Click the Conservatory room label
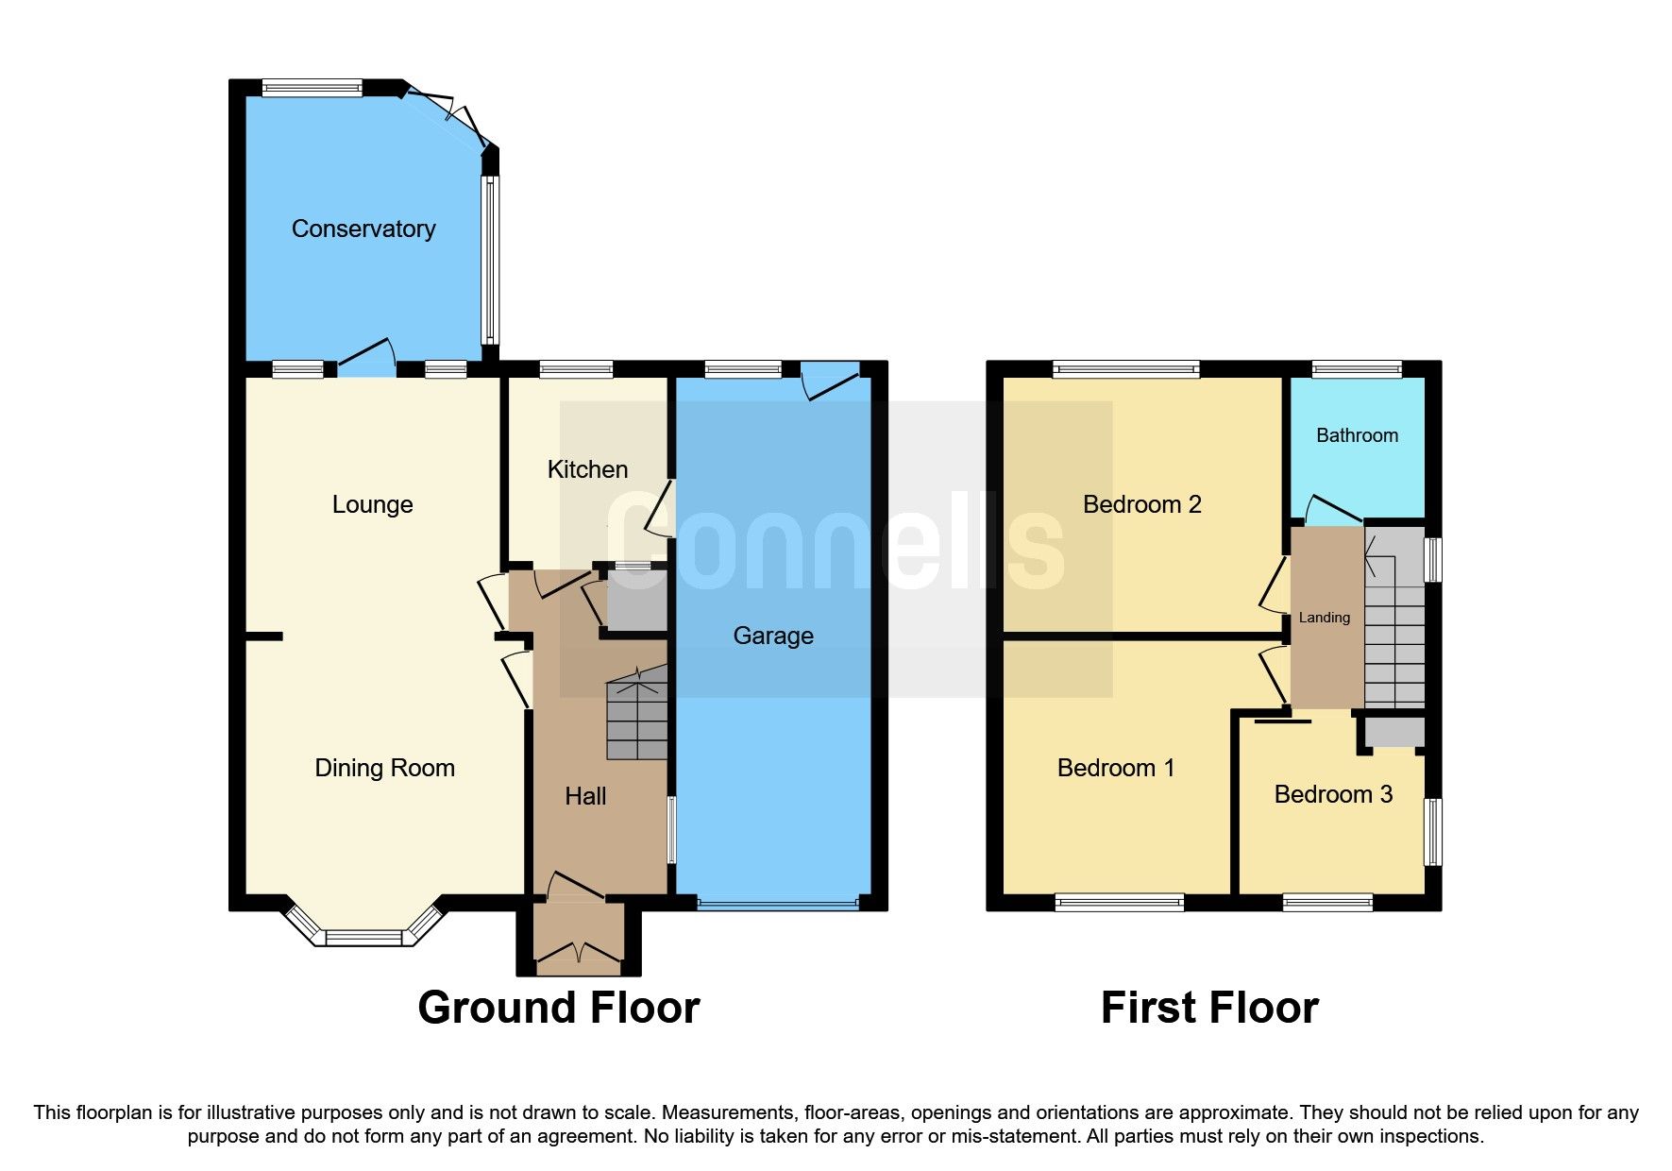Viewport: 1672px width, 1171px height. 363,229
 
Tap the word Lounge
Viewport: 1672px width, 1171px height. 372,504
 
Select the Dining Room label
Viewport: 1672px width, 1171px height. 384,768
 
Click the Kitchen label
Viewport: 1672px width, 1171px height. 587,469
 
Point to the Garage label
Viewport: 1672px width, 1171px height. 772,636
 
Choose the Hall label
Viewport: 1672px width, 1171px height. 584,796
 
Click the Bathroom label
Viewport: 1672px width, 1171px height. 1356,435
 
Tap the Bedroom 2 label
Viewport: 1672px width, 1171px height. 1140,504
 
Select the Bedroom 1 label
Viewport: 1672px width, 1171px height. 1115,768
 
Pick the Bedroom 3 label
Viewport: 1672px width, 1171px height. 1332,794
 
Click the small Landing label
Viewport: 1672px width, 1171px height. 1324,618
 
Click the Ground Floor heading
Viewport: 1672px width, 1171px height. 558,1008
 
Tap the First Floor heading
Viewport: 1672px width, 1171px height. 1208,1008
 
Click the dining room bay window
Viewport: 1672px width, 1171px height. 363,931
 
